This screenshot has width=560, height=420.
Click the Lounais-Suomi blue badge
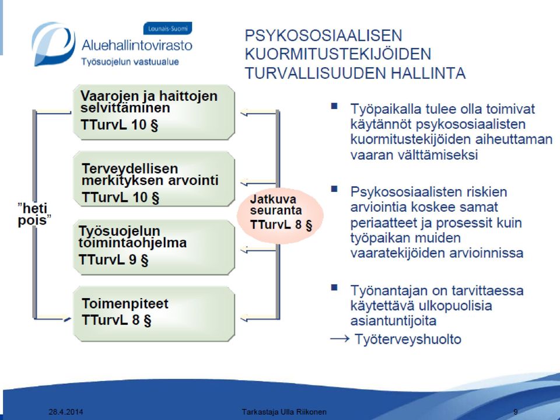(167, 29)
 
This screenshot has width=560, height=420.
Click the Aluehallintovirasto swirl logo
(53, 44)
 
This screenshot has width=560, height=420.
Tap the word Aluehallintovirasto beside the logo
(136, 45)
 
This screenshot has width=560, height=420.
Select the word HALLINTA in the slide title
(428, 73)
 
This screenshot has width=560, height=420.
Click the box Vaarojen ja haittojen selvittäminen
(154, 112)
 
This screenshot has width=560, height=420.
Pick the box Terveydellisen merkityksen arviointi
(154, 179)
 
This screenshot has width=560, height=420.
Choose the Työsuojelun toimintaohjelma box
(154, 247)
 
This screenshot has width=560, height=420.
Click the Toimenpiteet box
(154, 314)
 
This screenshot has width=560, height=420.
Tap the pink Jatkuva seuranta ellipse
(281, 215)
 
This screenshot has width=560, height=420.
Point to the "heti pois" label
(34, 214)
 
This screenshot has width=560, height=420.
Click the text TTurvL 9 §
(113, 260)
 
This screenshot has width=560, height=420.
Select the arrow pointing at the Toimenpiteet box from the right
(259, 317)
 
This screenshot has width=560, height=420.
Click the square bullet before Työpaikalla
(334, 106)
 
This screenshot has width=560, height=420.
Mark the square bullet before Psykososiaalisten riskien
(334, 189)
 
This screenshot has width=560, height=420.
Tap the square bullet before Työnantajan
(334, 288)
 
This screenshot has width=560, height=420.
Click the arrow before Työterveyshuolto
(339, 338)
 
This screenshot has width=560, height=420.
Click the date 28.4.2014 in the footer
(66, 412)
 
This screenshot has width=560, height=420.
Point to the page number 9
(515, 412)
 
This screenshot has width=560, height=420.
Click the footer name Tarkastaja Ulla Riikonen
(284, 412)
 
